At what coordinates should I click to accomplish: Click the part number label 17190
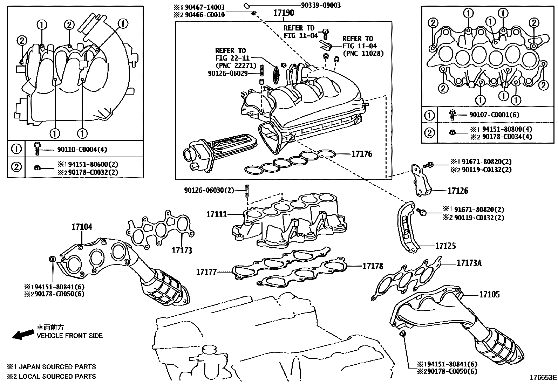284,13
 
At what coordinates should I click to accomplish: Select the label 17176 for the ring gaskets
361,154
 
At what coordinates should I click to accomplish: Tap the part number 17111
217,214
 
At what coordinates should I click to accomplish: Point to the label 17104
82,227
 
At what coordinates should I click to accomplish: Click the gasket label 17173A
469,262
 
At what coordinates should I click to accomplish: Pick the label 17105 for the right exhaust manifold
489,295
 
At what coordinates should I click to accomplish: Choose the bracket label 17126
457,191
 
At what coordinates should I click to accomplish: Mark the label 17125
445,246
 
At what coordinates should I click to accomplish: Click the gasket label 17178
373,266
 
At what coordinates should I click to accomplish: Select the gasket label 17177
206,271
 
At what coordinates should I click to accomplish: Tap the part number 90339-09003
320,5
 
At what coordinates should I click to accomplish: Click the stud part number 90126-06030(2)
209,190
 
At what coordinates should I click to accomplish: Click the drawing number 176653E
543,378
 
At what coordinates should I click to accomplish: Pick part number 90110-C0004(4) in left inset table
82,150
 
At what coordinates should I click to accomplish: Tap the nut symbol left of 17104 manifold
51,259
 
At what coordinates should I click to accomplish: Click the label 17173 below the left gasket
182,250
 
